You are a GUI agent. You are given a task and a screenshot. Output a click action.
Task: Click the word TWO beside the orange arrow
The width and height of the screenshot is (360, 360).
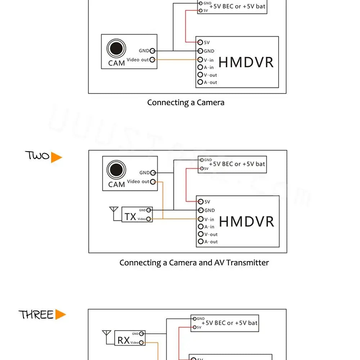click(37, 156)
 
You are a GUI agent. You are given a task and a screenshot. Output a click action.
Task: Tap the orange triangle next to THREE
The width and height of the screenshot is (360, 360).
click(60, 315)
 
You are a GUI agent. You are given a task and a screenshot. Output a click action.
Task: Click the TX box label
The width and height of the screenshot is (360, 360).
click(130, 217)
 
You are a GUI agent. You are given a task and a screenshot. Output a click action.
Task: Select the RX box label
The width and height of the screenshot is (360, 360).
click(123, 340)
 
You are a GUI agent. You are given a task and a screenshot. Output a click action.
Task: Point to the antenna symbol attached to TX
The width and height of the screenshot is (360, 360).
click(114, 212)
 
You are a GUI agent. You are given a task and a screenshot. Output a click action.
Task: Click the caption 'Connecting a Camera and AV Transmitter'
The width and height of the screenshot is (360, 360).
click(194, 263)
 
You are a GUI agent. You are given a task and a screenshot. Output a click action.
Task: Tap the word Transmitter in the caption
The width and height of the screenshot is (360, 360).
click(247, 263)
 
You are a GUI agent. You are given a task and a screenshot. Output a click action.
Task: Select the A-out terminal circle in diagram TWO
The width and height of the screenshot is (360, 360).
click(201, 242)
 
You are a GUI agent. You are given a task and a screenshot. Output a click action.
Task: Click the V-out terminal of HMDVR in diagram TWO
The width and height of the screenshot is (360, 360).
click(201, 234)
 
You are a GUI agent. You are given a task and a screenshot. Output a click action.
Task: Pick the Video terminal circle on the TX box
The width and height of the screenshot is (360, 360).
click(149, 219)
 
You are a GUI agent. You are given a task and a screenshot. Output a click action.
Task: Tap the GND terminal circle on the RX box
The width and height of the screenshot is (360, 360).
click(142, 334)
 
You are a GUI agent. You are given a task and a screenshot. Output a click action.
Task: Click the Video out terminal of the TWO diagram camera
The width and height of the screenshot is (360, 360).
click(153, 182)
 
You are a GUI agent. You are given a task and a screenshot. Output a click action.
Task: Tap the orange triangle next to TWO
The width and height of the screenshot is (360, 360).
click(56, 157)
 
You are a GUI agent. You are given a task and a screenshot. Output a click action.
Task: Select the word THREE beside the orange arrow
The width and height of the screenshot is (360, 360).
click(36, 315)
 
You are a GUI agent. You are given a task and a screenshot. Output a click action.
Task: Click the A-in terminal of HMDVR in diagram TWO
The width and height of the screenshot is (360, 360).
click(201, 227)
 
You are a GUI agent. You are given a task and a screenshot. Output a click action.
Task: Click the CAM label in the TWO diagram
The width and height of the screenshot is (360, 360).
click(116, 185)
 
